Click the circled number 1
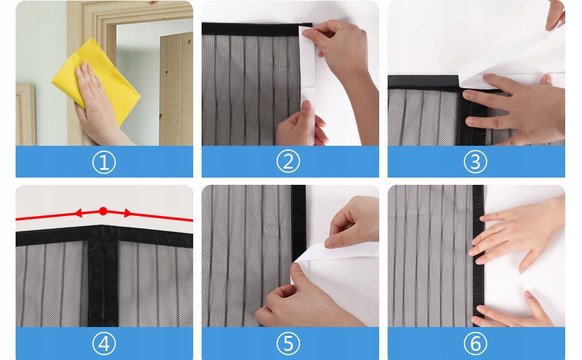click(x=104, y=162)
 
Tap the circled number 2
click(x=288, y=161)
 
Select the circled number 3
click(x=475, y=162)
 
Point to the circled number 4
click(x=104, y=344)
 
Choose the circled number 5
click(x=288, y=343)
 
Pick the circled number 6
click(x=475, y=343)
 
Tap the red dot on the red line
click(x=103, y=211)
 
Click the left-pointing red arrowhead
click(x=79, y=213)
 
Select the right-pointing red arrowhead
click(x=128, y=213)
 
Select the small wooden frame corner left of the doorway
click(x=25, y=115)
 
